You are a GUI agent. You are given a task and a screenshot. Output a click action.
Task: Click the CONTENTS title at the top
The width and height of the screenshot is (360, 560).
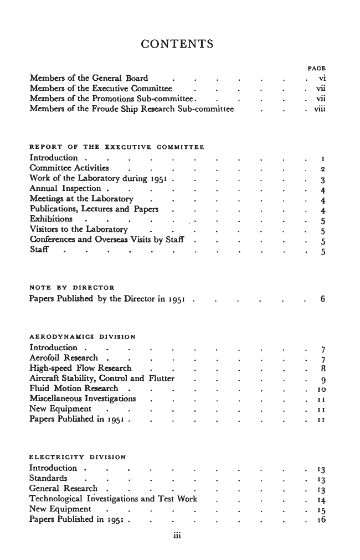coord(177,44)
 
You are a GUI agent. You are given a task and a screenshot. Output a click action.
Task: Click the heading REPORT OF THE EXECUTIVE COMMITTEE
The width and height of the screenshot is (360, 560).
coord(116,147)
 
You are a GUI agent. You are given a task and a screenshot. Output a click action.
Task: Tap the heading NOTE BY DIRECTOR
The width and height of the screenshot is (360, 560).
coord(71,288)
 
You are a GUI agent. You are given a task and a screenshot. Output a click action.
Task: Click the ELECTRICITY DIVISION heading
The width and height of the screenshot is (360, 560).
coord(78,457)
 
